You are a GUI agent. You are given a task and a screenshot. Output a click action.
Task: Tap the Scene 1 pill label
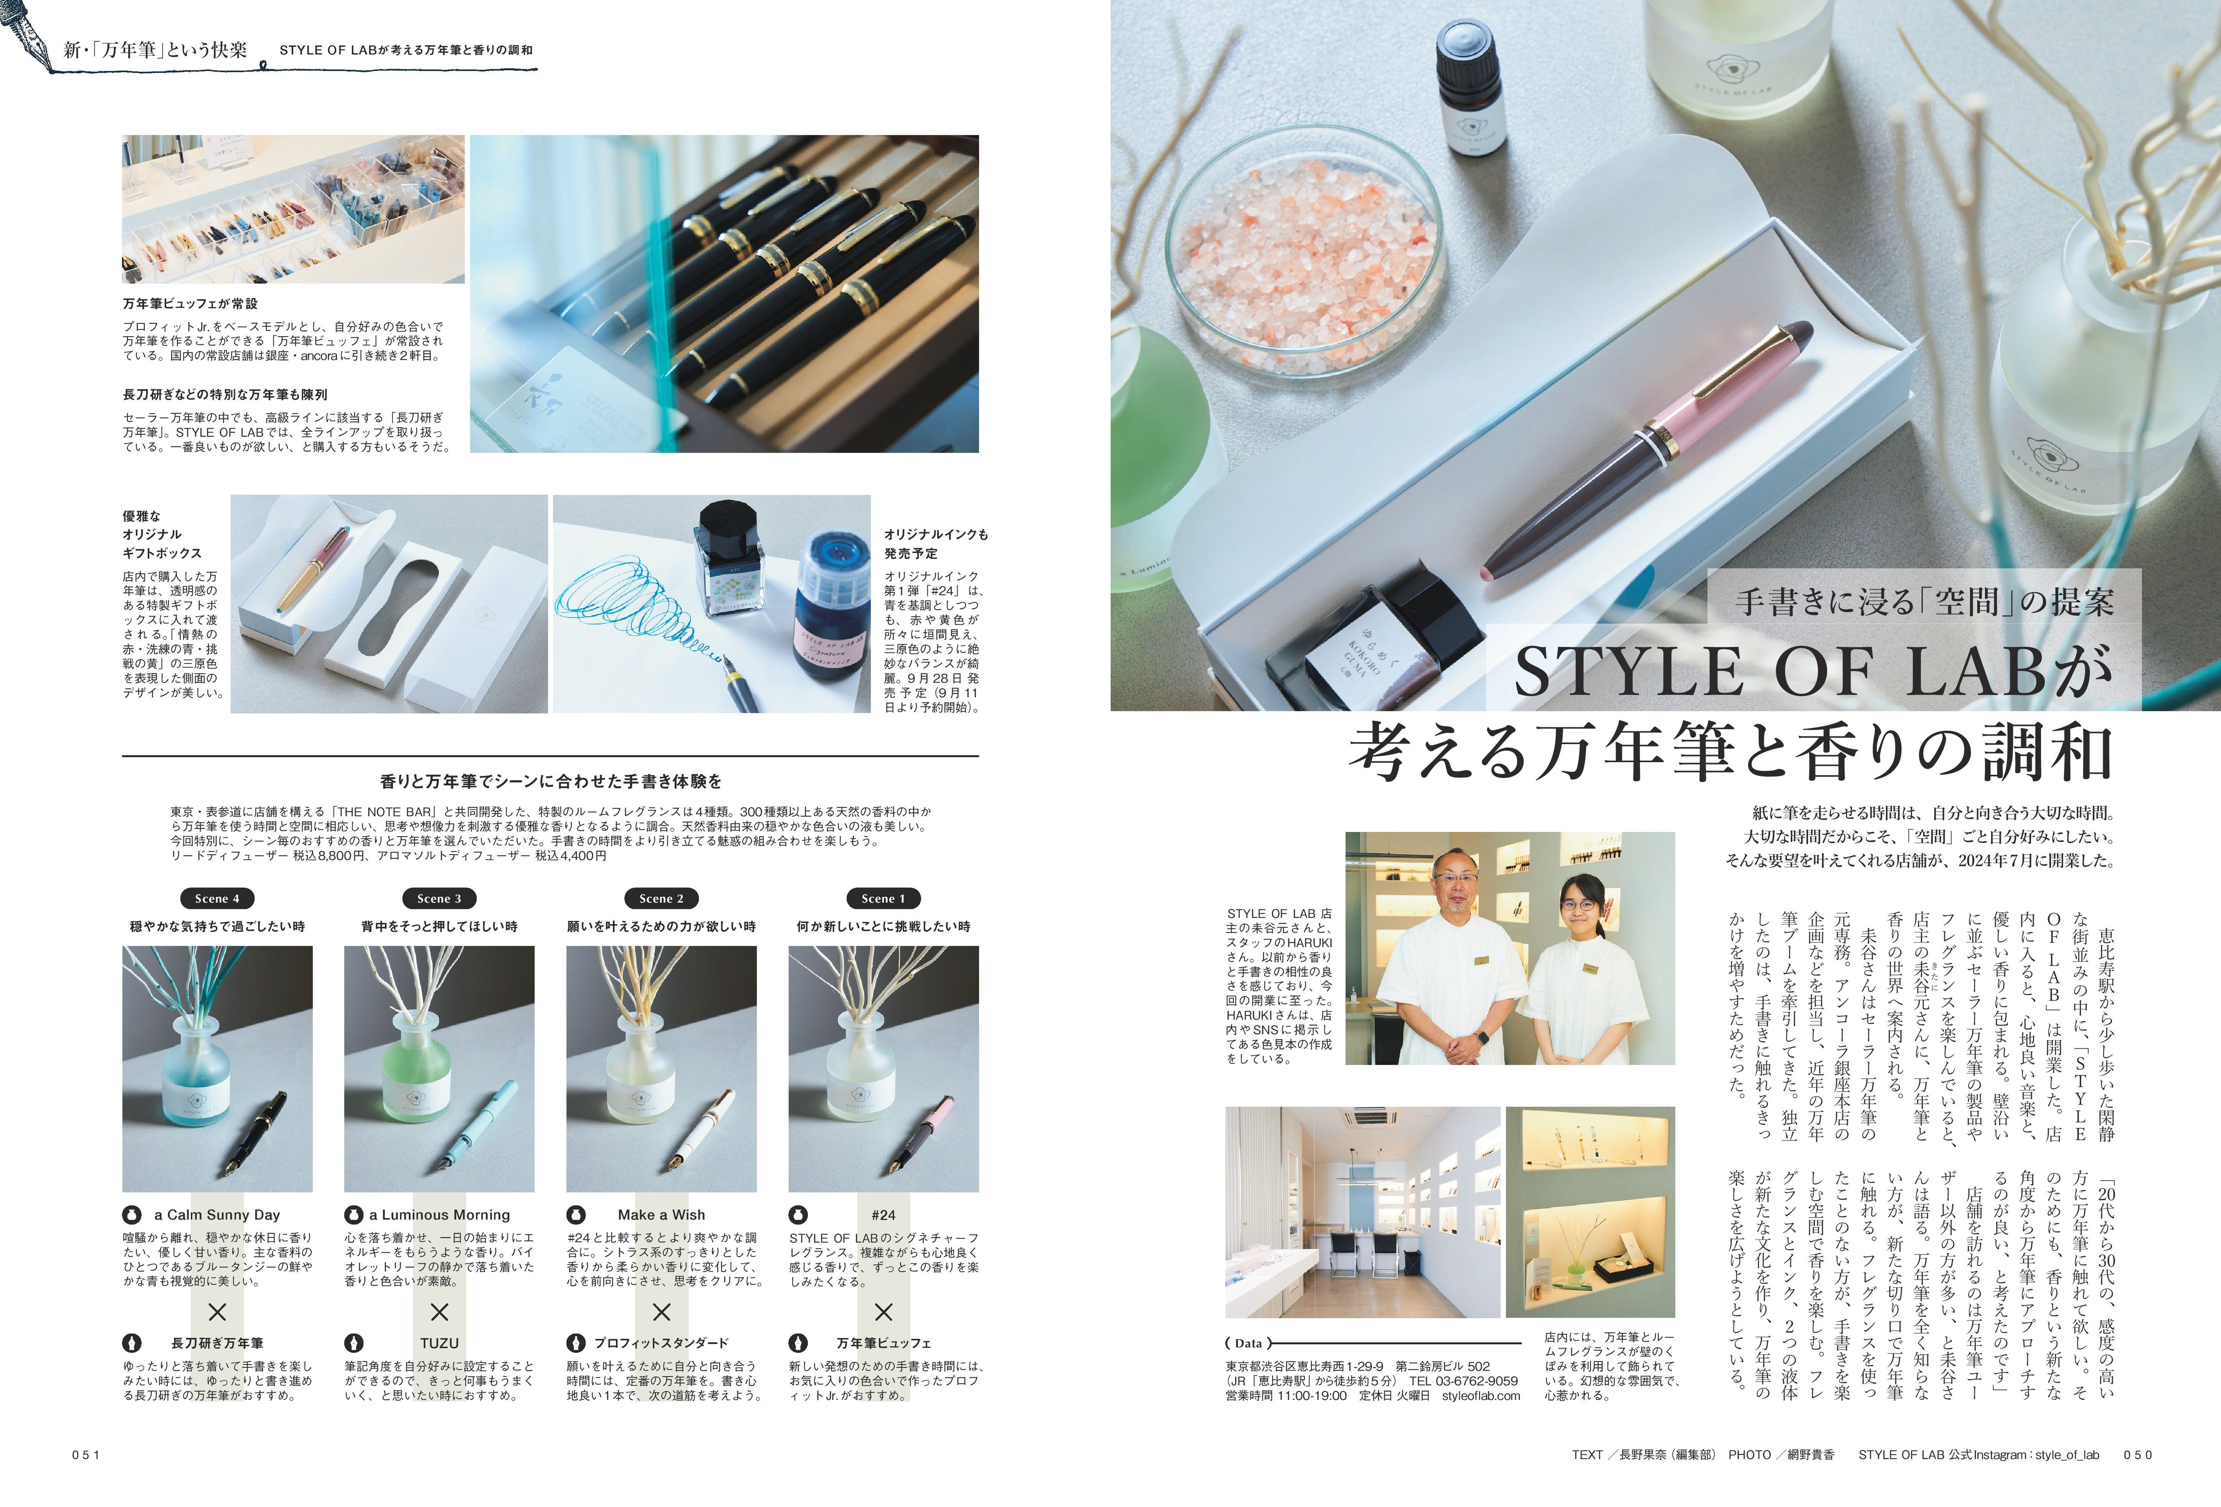pos(883,898)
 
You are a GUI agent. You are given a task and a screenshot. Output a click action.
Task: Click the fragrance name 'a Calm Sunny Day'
pos(217,1215)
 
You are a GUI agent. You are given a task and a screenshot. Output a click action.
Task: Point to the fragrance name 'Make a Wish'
pos(661,1215)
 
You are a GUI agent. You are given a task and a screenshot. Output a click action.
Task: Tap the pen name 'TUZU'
pos(440,1343)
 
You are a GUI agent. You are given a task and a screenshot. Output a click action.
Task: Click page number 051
pos(86,1455)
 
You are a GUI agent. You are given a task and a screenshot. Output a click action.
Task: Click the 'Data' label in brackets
pos(1248,1343)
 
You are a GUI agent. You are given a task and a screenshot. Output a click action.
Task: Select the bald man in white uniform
pos(1453,956)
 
